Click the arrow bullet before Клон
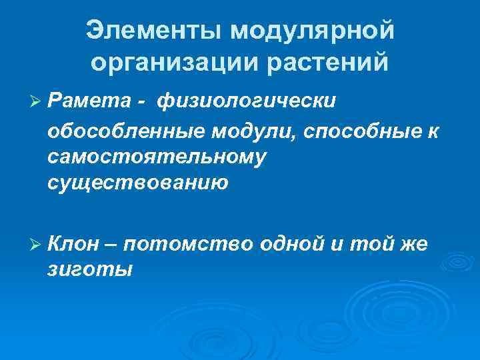[37, 244]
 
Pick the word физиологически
[247, 101]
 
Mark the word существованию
[138, 182]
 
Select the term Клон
[75, 244]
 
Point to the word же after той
[413, 244]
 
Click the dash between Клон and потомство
[111, 244]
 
